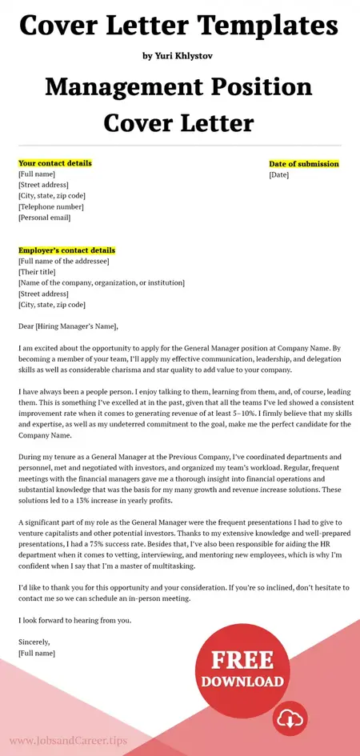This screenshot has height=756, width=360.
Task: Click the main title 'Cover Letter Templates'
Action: coord(179,26)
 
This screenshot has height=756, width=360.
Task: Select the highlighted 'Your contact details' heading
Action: coord(54,163)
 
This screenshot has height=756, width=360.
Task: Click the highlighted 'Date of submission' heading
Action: coord(303,164)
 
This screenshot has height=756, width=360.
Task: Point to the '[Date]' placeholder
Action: coord(278,174)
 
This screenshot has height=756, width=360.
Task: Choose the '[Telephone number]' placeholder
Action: coord(51,206)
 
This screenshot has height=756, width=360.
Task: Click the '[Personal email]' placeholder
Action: coord(44,218)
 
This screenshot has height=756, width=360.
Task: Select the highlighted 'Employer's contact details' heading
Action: coord(66,250)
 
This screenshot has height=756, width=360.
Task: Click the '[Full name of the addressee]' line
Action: coord(63,262)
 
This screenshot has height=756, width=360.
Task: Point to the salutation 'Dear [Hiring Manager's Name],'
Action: coord(68,326)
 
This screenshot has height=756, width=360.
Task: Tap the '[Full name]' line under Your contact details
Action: coord(37,174)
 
